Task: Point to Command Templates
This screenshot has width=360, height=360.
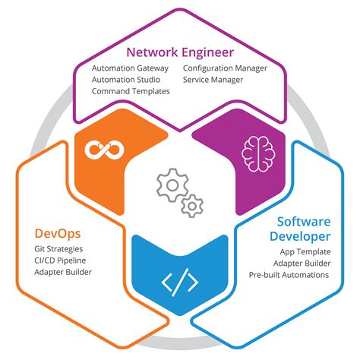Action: [x=131, y=91]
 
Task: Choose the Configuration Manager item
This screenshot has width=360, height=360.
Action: [x=225, y=68]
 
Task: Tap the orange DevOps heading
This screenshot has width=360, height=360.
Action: [x=58, y=232]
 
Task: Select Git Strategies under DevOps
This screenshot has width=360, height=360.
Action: [x=59, y=248]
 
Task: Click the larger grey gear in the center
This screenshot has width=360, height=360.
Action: [x=172, y=185]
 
